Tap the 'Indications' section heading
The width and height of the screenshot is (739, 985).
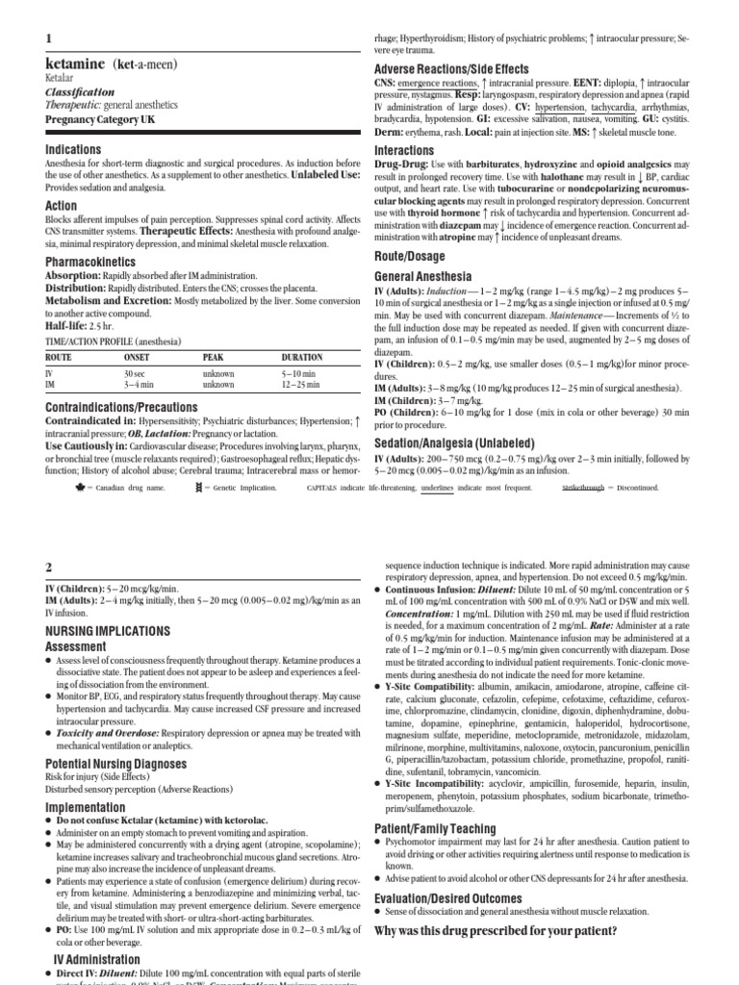pos(73,149)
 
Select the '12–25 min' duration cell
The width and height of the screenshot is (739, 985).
pos(301,384)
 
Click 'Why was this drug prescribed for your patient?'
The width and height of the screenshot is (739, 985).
pos(494,931)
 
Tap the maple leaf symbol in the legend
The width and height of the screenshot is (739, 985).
pos(53,488)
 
